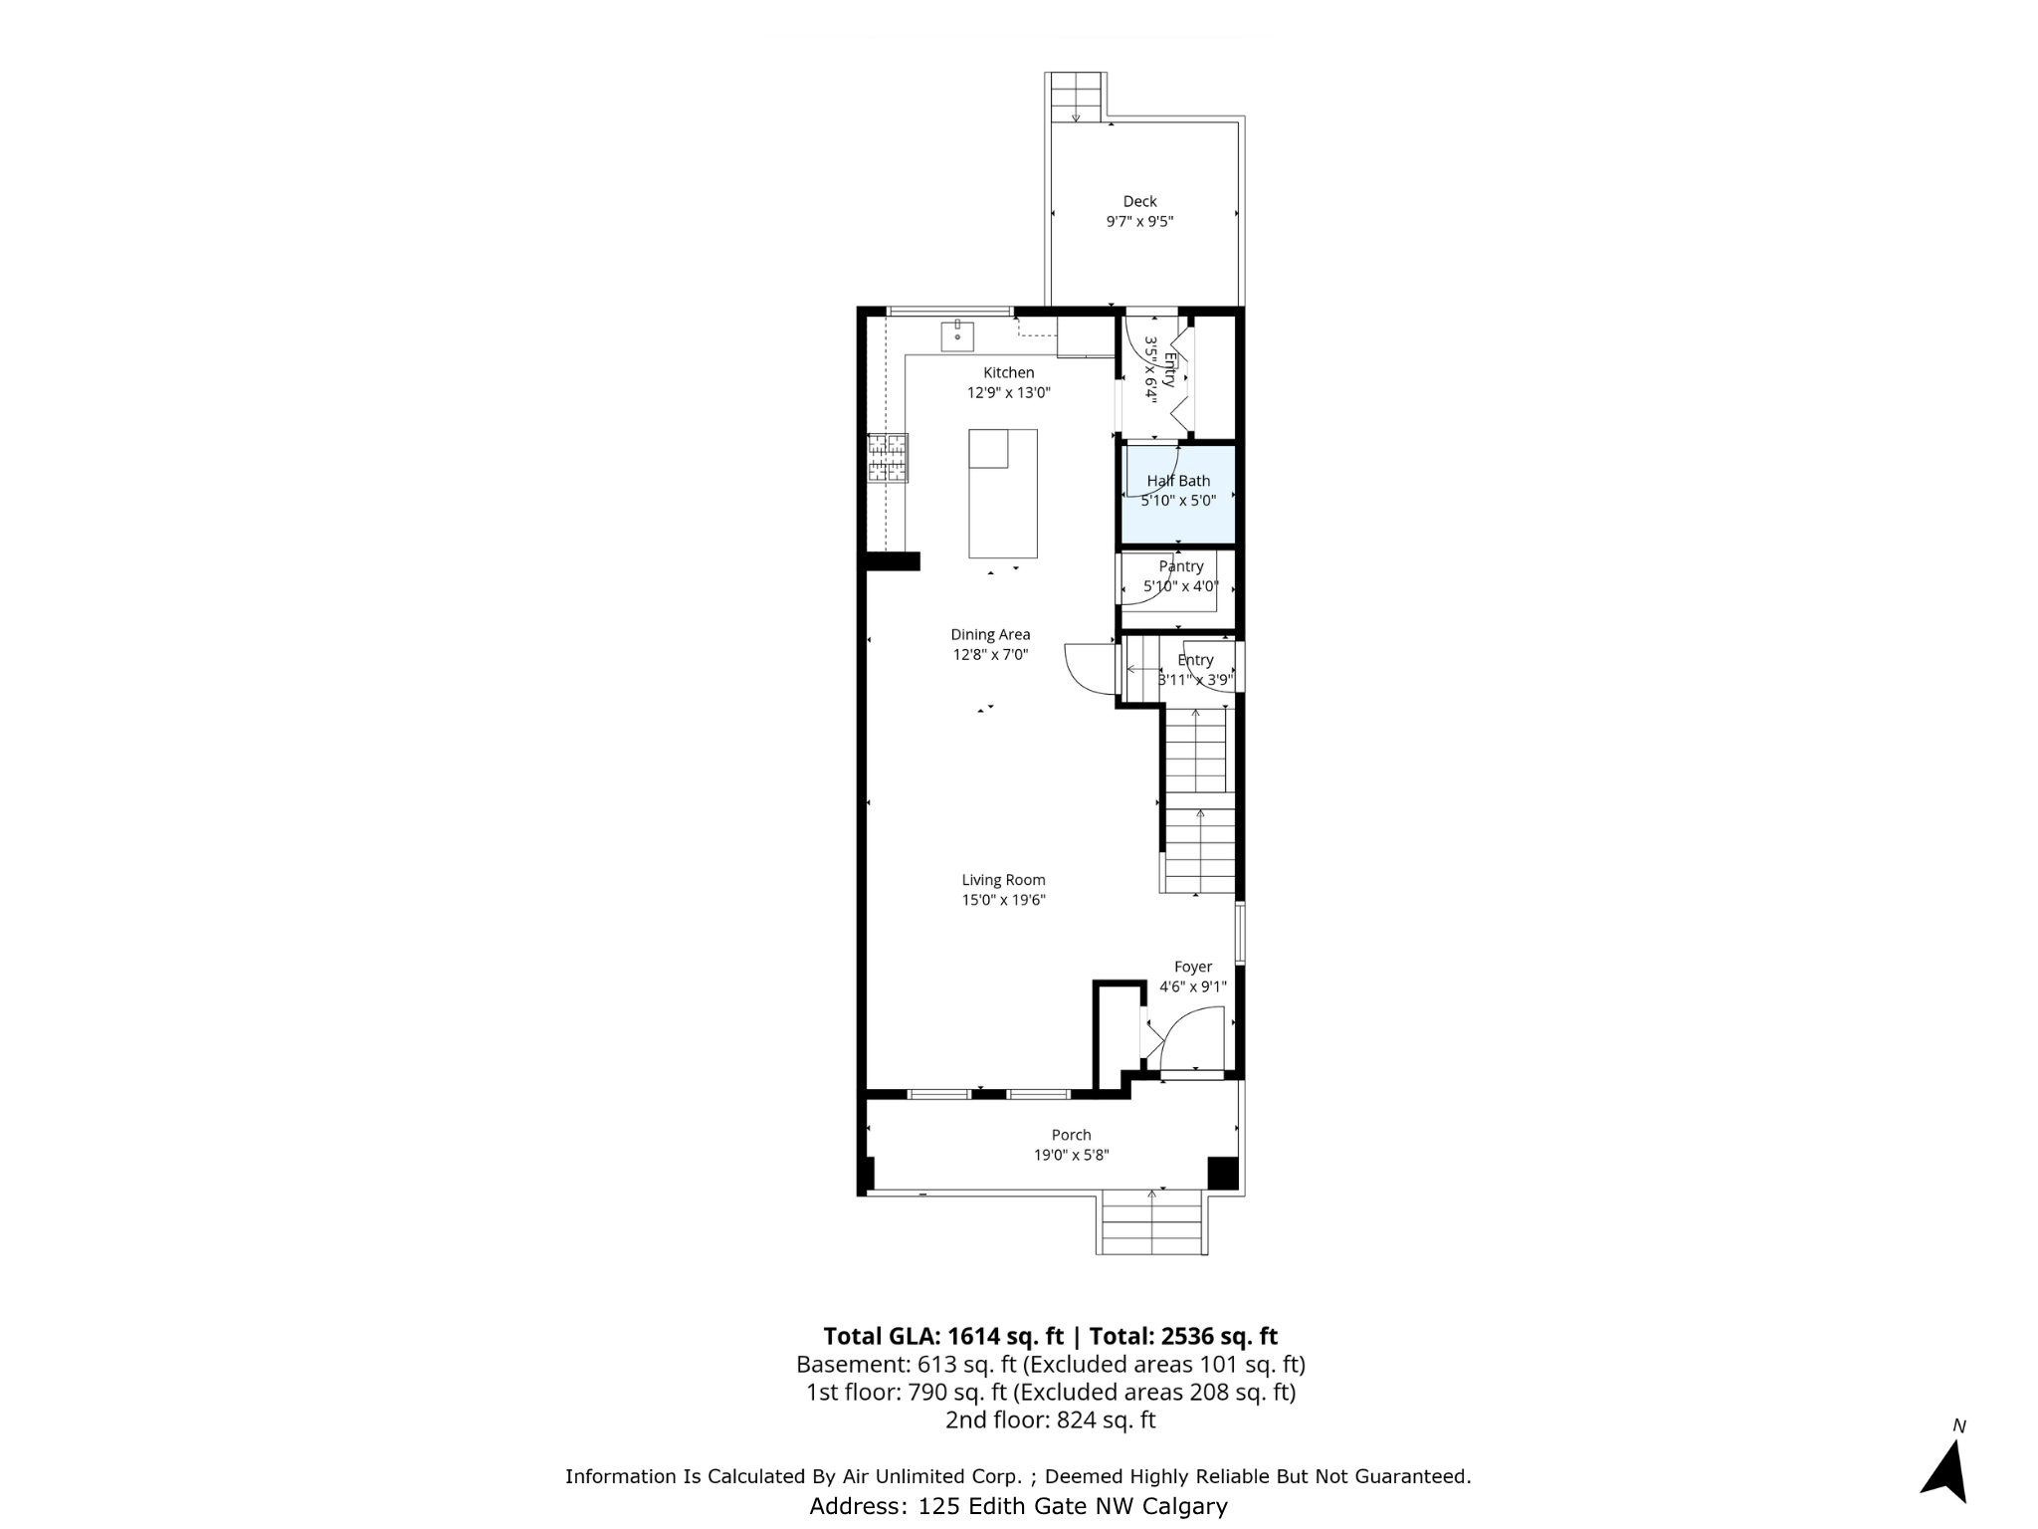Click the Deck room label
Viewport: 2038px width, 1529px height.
click(x=1139, y=201)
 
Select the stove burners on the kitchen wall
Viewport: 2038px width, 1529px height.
click(x=887, y=458)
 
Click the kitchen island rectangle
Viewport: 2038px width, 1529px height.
click(x=1003, y=494)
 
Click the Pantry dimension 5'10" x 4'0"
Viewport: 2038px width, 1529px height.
click(x=1180, y=586)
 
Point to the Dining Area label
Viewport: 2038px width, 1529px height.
click(x=990, y=634)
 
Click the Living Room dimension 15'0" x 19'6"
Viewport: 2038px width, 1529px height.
click(x=1003, y=900)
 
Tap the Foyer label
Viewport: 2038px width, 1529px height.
click(x=1193, y=967)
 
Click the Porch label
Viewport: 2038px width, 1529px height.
click(x=1072, y=1135)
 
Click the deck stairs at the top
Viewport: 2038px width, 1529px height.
click(x=1076, y=97)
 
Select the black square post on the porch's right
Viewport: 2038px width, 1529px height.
click(x=1223, y=1173)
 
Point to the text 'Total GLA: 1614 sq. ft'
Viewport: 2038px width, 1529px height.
click(x=942, y=1336)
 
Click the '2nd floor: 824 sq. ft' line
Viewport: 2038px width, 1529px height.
click(x=1050, y=1420)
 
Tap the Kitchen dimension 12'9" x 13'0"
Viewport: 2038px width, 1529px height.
click(x=1009, y=392)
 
